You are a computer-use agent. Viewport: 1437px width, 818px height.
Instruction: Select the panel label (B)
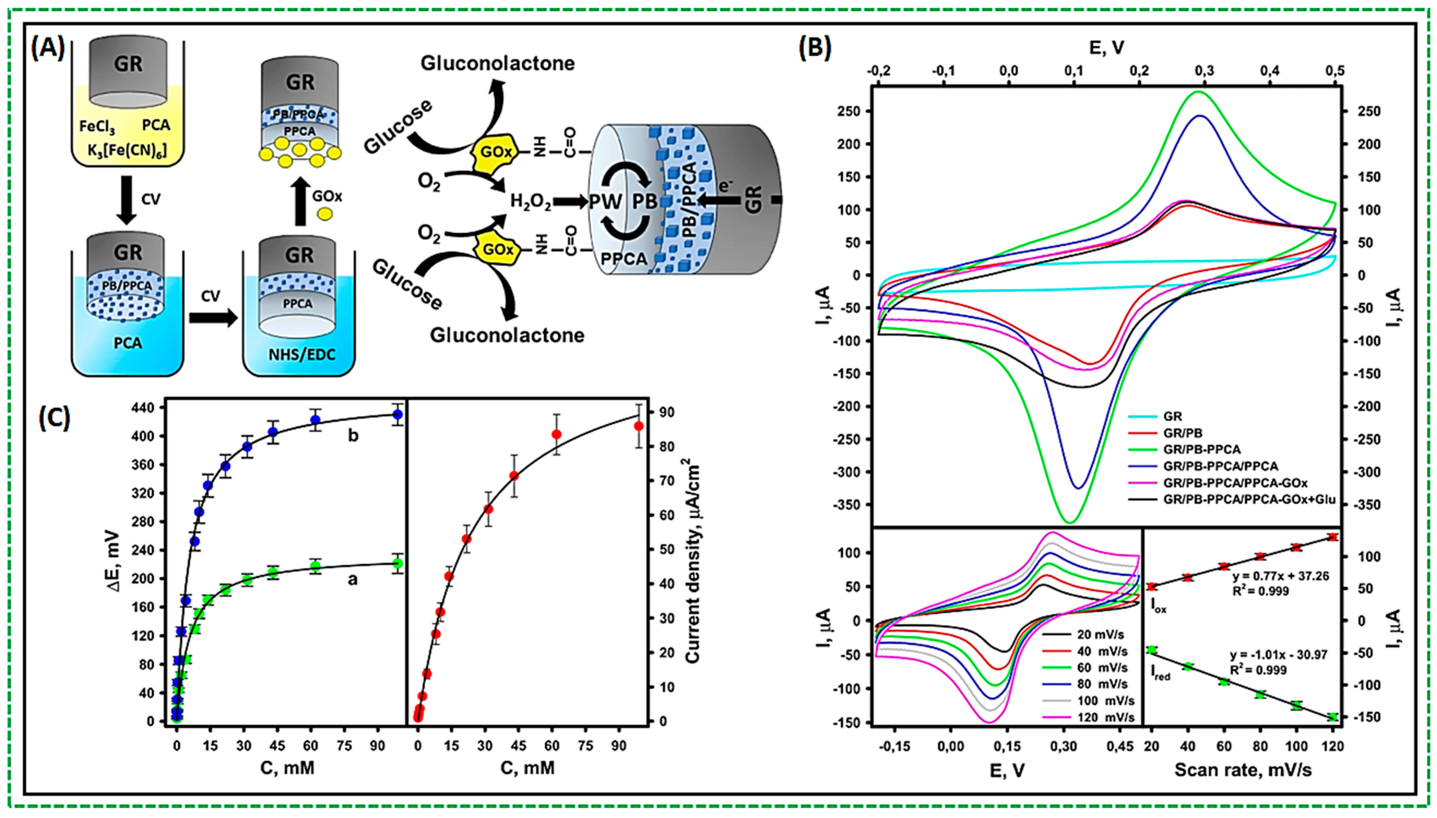click(x=814, y=48)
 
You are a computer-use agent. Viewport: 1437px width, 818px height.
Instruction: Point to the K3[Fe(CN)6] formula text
click(x=127, y=150)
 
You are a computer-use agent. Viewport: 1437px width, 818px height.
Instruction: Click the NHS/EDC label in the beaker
click(x=301, y=354)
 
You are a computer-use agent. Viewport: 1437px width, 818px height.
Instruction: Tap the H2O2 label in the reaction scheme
click(x=530, y=202)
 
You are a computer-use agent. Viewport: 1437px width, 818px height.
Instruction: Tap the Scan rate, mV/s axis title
click(x=1242, y=770)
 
